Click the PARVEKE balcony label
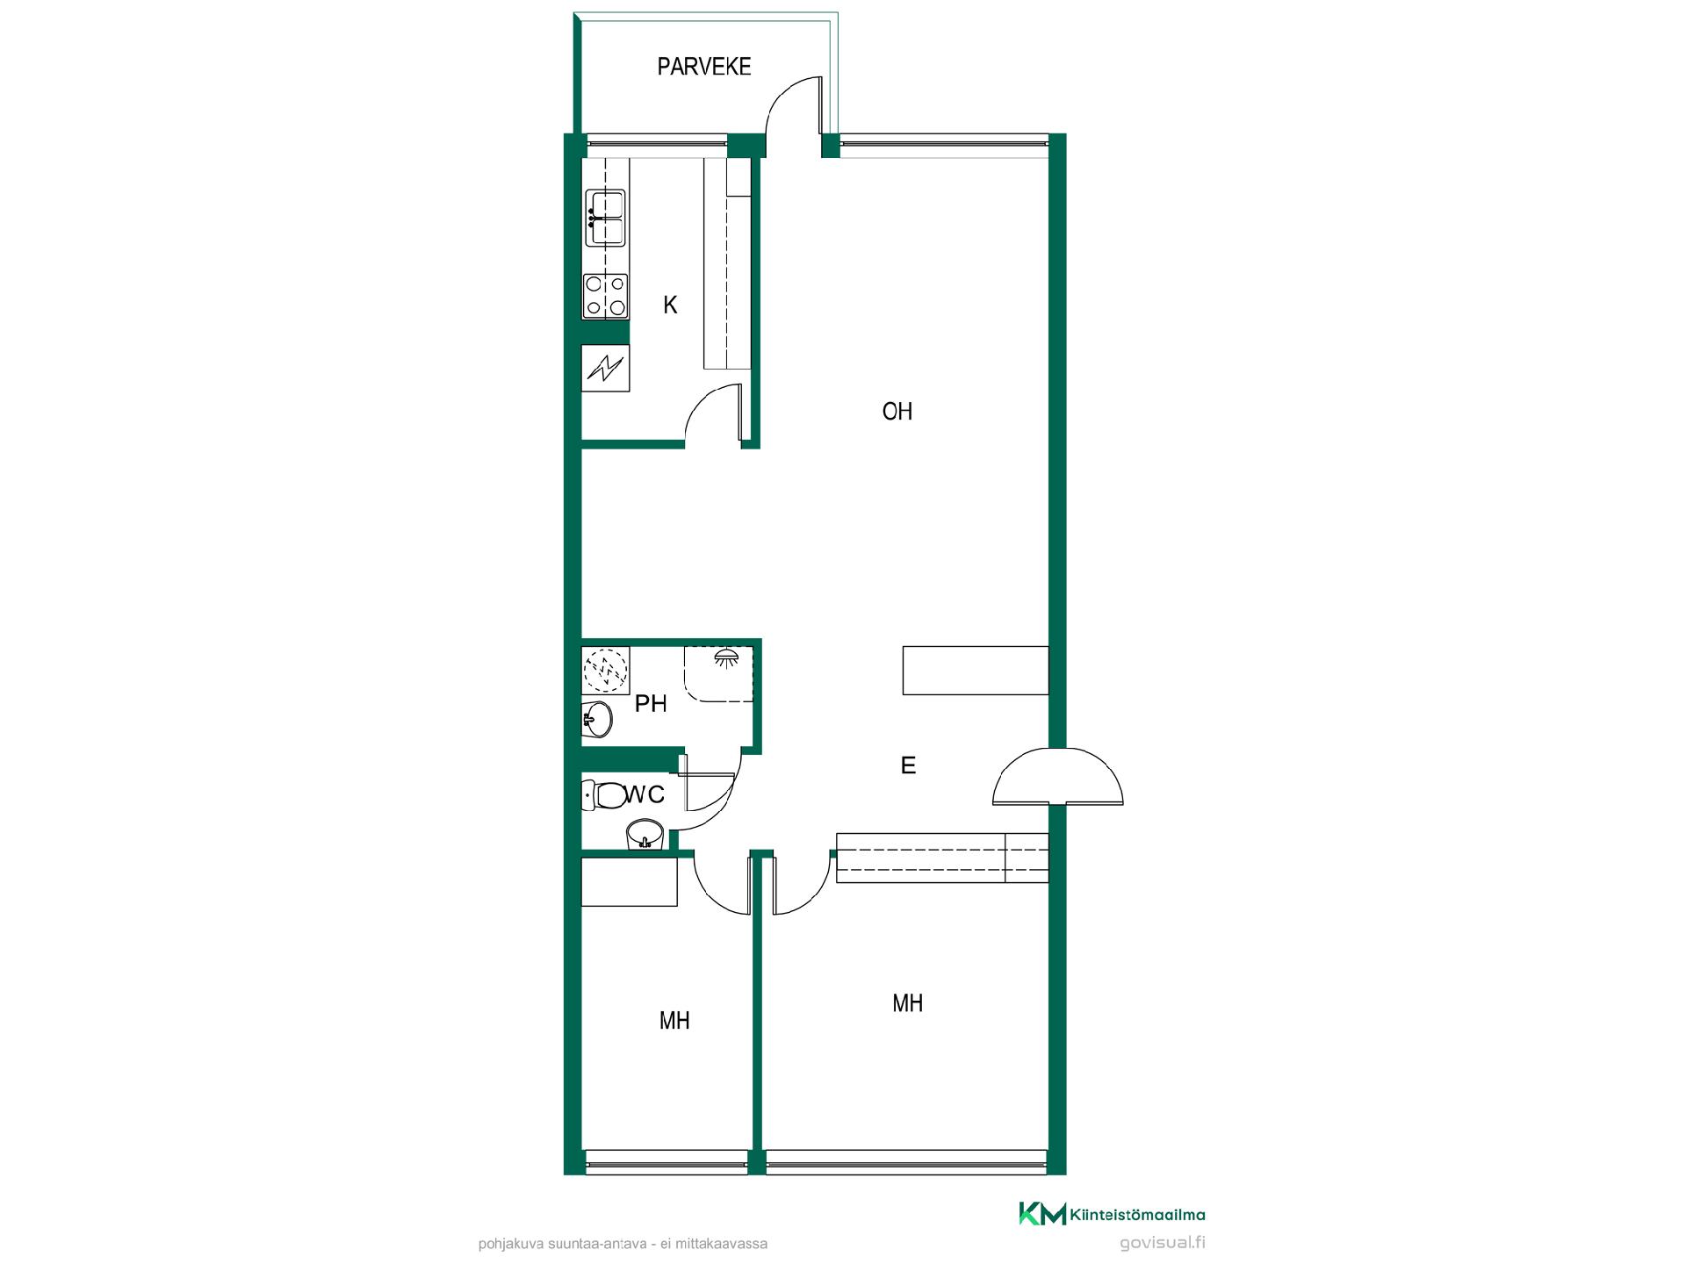[x=704, y=67]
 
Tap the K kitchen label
[x=670, y=305]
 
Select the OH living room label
[x=897, y=411]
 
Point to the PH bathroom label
[x=651, y=703]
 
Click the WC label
[x=645, y=794]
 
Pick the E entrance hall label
[x=908, y=765]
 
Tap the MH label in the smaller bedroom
[x=674, y=1020]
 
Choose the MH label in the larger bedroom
[x=907, y=1002]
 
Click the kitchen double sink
[x=606, y=217]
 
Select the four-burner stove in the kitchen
[x=606, y=296]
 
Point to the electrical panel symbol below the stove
[x=605, y=368]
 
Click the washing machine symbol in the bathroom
[x=605, y=671]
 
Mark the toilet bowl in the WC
[x=603, y=795]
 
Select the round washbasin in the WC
[x=645, y=832]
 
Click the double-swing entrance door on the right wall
[x=1058, y=776]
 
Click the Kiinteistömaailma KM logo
[x=1112, y=1214]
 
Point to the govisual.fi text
[x=1163, y=1243]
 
